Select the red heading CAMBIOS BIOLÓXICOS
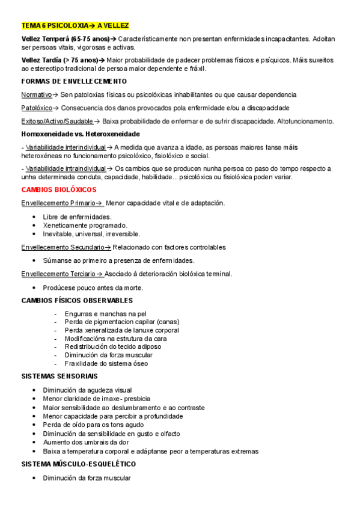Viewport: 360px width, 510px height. (55, 189)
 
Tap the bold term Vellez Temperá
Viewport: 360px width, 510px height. (44, 38)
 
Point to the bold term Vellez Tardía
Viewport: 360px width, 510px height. (41, 60)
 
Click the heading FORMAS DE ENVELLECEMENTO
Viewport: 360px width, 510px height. (74, 81)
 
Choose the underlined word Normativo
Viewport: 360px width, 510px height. (36, 95)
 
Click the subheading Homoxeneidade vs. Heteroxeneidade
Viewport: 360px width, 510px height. (81, 134)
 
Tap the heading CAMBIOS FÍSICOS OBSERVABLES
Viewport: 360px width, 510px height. (77, 300)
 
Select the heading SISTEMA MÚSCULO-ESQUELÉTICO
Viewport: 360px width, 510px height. (79, 464)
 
